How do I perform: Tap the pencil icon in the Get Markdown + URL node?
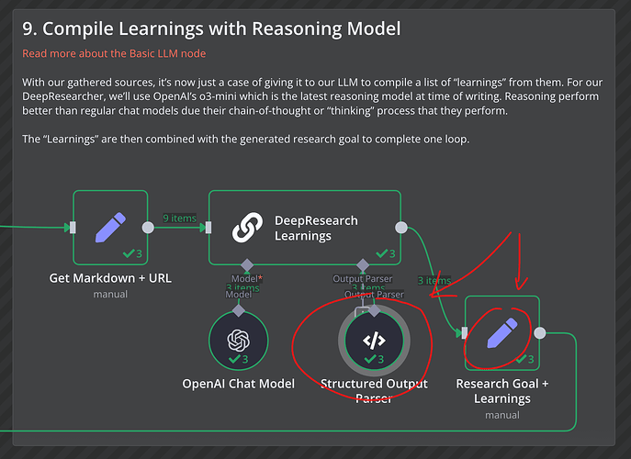[110, 228]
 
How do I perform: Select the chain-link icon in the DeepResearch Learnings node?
[247, 228]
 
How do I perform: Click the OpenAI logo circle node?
[239, 340]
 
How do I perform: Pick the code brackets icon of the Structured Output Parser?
[374, 340]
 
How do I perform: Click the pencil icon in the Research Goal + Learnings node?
[502, 333]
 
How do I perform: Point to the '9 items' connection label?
[179, 218]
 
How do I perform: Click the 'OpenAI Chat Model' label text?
[239, 384]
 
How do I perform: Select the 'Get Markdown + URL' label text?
[110, 278]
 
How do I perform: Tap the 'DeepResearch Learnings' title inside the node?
[317, 228]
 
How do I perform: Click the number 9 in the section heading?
[28, 29]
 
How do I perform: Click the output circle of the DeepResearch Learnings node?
[400, 228]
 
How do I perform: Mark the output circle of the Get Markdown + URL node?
[148, 228]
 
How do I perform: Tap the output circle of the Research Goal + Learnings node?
[540, 333]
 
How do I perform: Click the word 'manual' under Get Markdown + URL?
[110, 294]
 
